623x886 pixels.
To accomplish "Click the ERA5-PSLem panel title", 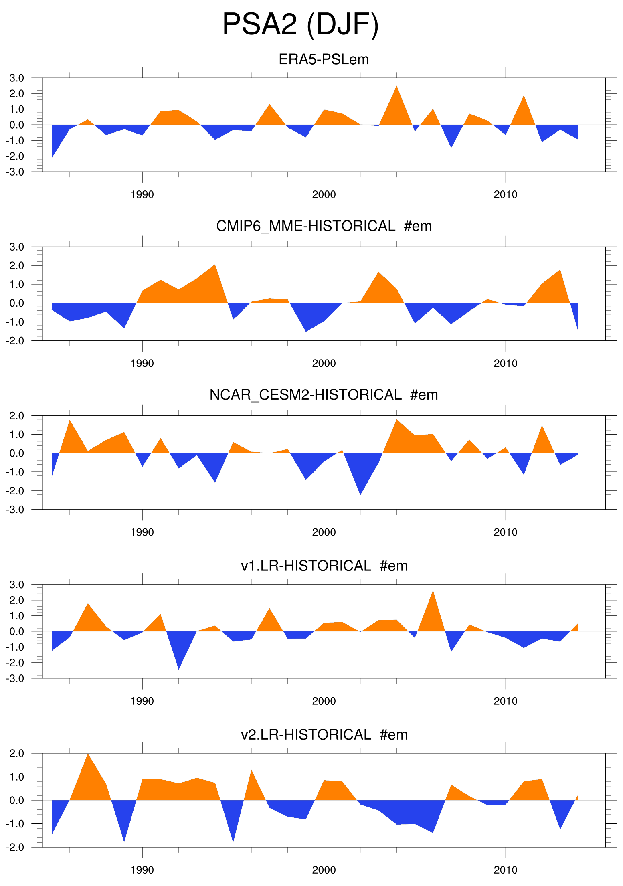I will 324,59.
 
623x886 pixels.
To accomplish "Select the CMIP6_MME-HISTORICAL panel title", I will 324,226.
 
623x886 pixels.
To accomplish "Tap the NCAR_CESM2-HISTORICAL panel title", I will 324,395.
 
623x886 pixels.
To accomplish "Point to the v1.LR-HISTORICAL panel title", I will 324,566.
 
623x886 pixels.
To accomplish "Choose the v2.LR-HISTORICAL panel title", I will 324,734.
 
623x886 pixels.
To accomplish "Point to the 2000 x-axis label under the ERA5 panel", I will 324,195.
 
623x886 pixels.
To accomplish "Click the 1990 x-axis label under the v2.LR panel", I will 142,870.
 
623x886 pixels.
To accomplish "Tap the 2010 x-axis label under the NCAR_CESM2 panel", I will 505,532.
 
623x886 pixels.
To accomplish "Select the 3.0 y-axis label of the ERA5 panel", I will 17,78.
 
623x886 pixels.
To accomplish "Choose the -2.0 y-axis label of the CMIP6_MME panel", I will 15,341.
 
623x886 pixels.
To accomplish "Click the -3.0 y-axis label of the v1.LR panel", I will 15,678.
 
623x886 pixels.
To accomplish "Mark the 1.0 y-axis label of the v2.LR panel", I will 17,777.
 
